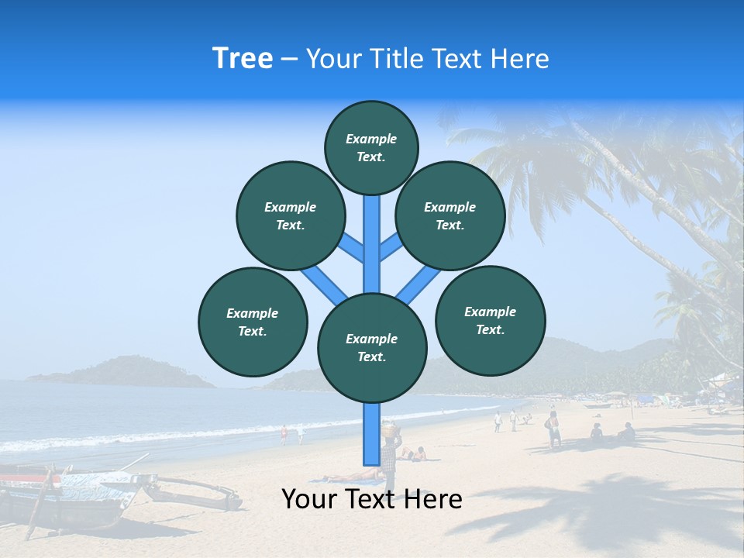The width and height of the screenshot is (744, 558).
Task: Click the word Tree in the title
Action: [x=243, y=59]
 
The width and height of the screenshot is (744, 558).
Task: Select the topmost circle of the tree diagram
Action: [x=371, y=147]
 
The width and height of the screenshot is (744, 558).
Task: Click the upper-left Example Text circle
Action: [x=290, y=216]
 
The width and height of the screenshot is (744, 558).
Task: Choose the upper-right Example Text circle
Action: [x=449, y=216]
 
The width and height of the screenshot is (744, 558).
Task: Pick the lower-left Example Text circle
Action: [x=252, y=322]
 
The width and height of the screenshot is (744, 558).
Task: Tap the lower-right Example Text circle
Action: [x=490, y=320]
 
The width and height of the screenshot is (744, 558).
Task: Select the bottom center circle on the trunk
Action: [x=372, y=348]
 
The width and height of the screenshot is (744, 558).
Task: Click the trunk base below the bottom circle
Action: [x=372, y=434]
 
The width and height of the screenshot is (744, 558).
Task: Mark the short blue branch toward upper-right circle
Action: [x=391, y=247]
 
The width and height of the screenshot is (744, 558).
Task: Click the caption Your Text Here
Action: [x=371, y=499]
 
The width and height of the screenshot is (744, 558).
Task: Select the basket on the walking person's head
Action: [x=390, y=427]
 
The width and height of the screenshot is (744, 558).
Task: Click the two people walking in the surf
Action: [x=291, y=434]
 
